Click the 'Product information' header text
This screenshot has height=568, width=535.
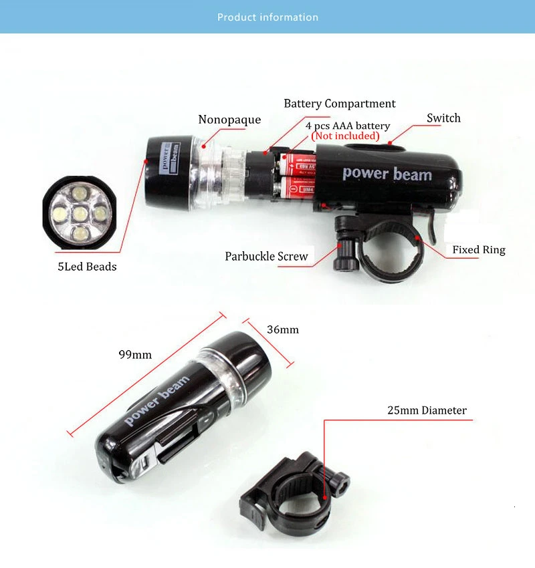pos(267,17)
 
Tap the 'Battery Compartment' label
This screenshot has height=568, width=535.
pos(339,104)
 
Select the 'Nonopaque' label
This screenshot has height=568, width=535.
pos(229,120)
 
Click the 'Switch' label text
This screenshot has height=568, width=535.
pos(443,118)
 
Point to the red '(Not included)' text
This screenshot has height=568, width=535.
pos(346,136)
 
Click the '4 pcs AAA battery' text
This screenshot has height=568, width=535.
pos(347,126)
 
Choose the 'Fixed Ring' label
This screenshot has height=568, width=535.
pos(478,250)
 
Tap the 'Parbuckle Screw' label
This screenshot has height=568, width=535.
pos(266,256)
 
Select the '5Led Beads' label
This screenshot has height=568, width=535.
pos(87,267)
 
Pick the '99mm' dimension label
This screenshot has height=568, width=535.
pos(135,354)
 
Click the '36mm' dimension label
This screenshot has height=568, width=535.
pos(283,329)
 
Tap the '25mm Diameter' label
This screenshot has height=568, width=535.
pos(427,410)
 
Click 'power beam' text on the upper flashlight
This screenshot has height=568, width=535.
pos(387,174)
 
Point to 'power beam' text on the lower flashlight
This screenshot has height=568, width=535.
pos(157,400)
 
